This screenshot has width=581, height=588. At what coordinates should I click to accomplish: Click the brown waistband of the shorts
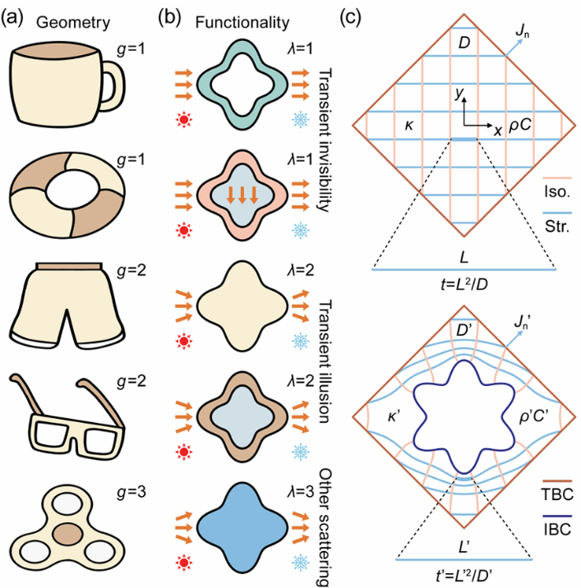69,266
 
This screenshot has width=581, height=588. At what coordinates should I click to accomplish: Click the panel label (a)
12,19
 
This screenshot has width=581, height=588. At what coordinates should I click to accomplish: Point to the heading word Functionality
242,22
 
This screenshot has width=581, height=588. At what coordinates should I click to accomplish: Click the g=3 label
131,492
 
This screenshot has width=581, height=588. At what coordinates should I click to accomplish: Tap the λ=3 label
300,492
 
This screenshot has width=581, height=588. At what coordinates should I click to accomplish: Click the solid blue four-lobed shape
242,527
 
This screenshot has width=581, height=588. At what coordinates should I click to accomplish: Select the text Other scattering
324,528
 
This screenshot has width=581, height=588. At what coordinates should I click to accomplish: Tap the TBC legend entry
557,490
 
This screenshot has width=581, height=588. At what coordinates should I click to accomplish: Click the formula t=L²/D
464,285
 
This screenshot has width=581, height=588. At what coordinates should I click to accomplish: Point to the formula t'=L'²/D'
464,576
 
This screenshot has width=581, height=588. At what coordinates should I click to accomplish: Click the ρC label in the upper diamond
520,126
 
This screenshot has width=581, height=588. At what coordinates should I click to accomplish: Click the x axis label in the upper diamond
498,131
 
